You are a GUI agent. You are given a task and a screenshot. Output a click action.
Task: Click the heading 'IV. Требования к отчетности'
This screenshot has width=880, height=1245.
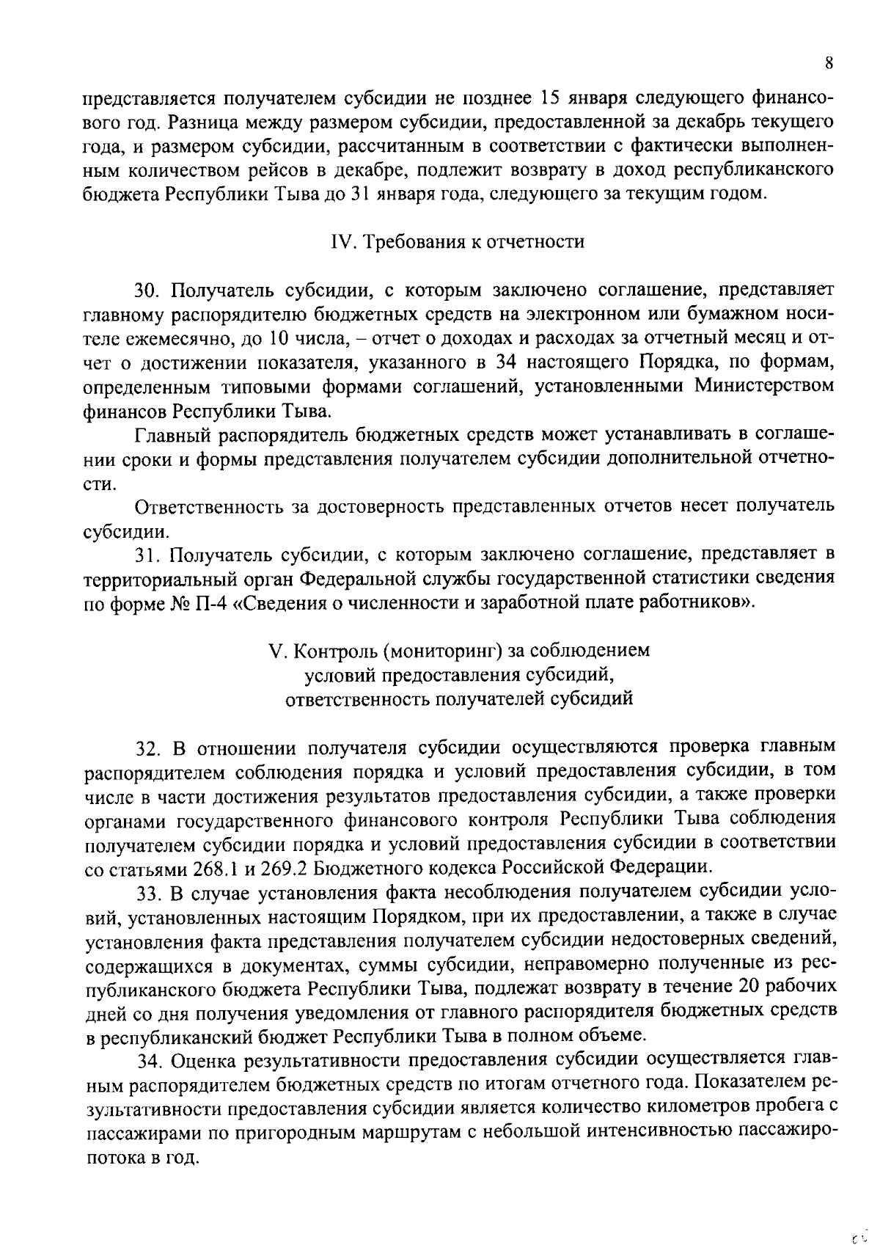[x=458, y=241]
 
